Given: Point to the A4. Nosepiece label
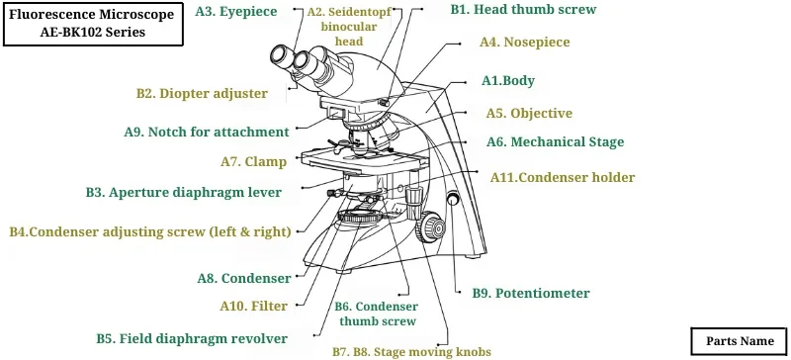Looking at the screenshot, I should [x=524, y=43].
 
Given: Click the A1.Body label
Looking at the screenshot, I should [x=507, y=80].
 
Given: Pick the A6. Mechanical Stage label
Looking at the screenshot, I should [x=555, y=142].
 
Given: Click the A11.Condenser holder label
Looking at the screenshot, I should [x=563, y=178].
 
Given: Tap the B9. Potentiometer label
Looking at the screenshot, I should [x=530, y=294].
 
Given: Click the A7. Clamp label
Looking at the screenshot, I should [x=253, y=161].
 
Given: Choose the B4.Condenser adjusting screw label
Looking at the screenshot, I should [x=150, y=232].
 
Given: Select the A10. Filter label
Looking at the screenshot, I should [x=254, y=307].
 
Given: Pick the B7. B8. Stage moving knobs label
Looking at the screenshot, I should [x=410, y=351].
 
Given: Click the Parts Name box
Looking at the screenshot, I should [x=740, y=341].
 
